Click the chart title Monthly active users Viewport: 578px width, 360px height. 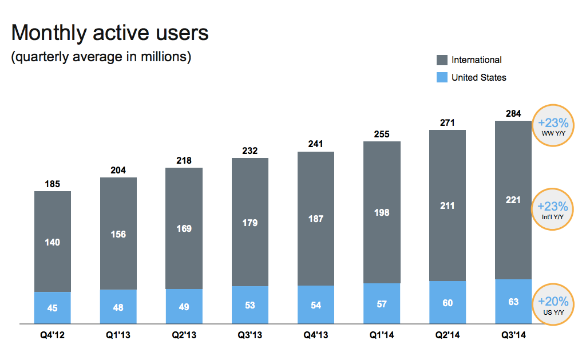(x=110, y=33)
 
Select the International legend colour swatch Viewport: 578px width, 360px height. (x=442, y=60)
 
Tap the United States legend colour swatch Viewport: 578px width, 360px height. (x=442, y=77)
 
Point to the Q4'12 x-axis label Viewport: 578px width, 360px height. (x=52, y=336)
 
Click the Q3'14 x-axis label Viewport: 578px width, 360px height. (x=513, y=336)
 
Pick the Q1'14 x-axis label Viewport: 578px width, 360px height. (x=382, y=336)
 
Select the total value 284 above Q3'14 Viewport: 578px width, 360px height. (x=513, y=113)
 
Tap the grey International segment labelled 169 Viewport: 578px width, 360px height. (x=184, y=228)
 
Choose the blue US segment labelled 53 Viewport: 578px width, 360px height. (x=250, y=305)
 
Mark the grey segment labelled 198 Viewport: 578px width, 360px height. (x=382, y=212)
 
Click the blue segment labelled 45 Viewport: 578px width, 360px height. (x=52, y=308)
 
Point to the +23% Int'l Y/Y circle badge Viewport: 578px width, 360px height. (x=553, y=209)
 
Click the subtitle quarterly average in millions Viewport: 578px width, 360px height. (x=101, y=57)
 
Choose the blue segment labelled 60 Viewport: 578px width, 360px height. (x=448, y=303)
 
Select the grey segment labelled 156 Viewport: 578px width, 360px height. (x=118, y=234)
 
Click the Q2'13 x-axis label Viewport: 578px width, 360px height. (x=184, y=336)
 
